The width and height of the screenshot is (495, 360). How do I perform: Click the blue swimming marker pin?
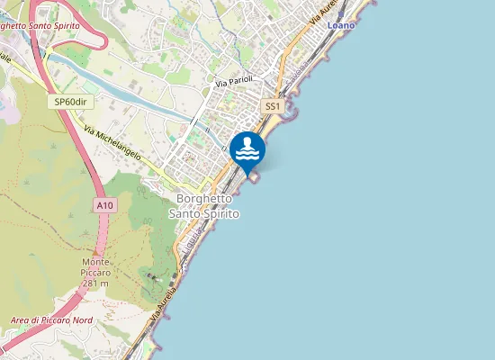coord(247,149)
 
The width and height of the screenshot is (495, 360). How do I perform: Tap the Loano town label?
coord(341,25)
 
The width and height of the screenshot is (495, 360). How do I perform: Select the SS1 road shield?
coord(273,106)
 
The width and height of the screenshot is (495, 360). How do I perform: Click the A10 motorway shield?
coord(105,206)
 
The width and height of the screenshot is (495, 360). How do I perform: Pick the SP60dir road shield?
coord(70,103)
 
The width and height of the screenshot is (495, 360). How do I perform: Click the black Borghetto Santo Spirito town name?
coord(204,206)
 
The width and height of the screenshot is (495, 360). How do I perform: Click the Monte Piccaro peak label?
coord(103,266)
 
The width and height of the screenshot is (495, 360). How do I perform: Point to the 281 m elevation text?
coord(94,283)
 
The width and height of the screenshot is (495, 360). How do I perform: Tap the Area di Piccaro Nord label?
coord(51,320)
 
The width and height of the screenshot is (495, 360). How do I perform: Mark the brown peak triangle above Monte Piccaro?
coord(102,251)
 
